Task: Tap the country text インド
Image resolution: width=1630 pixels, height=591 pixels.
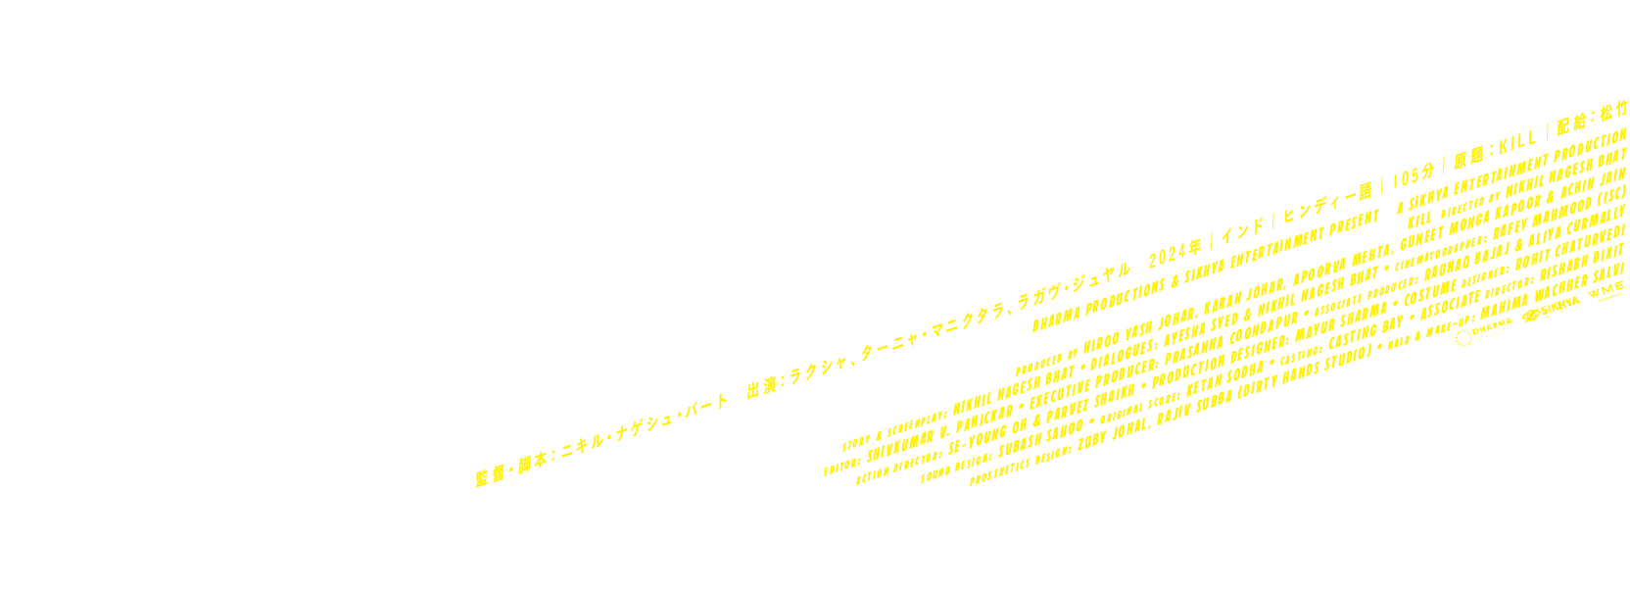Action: [x=1241, y=231]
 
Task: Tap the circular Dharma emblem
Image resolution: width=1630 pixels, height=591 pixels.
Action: [x=1464, y=338]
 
